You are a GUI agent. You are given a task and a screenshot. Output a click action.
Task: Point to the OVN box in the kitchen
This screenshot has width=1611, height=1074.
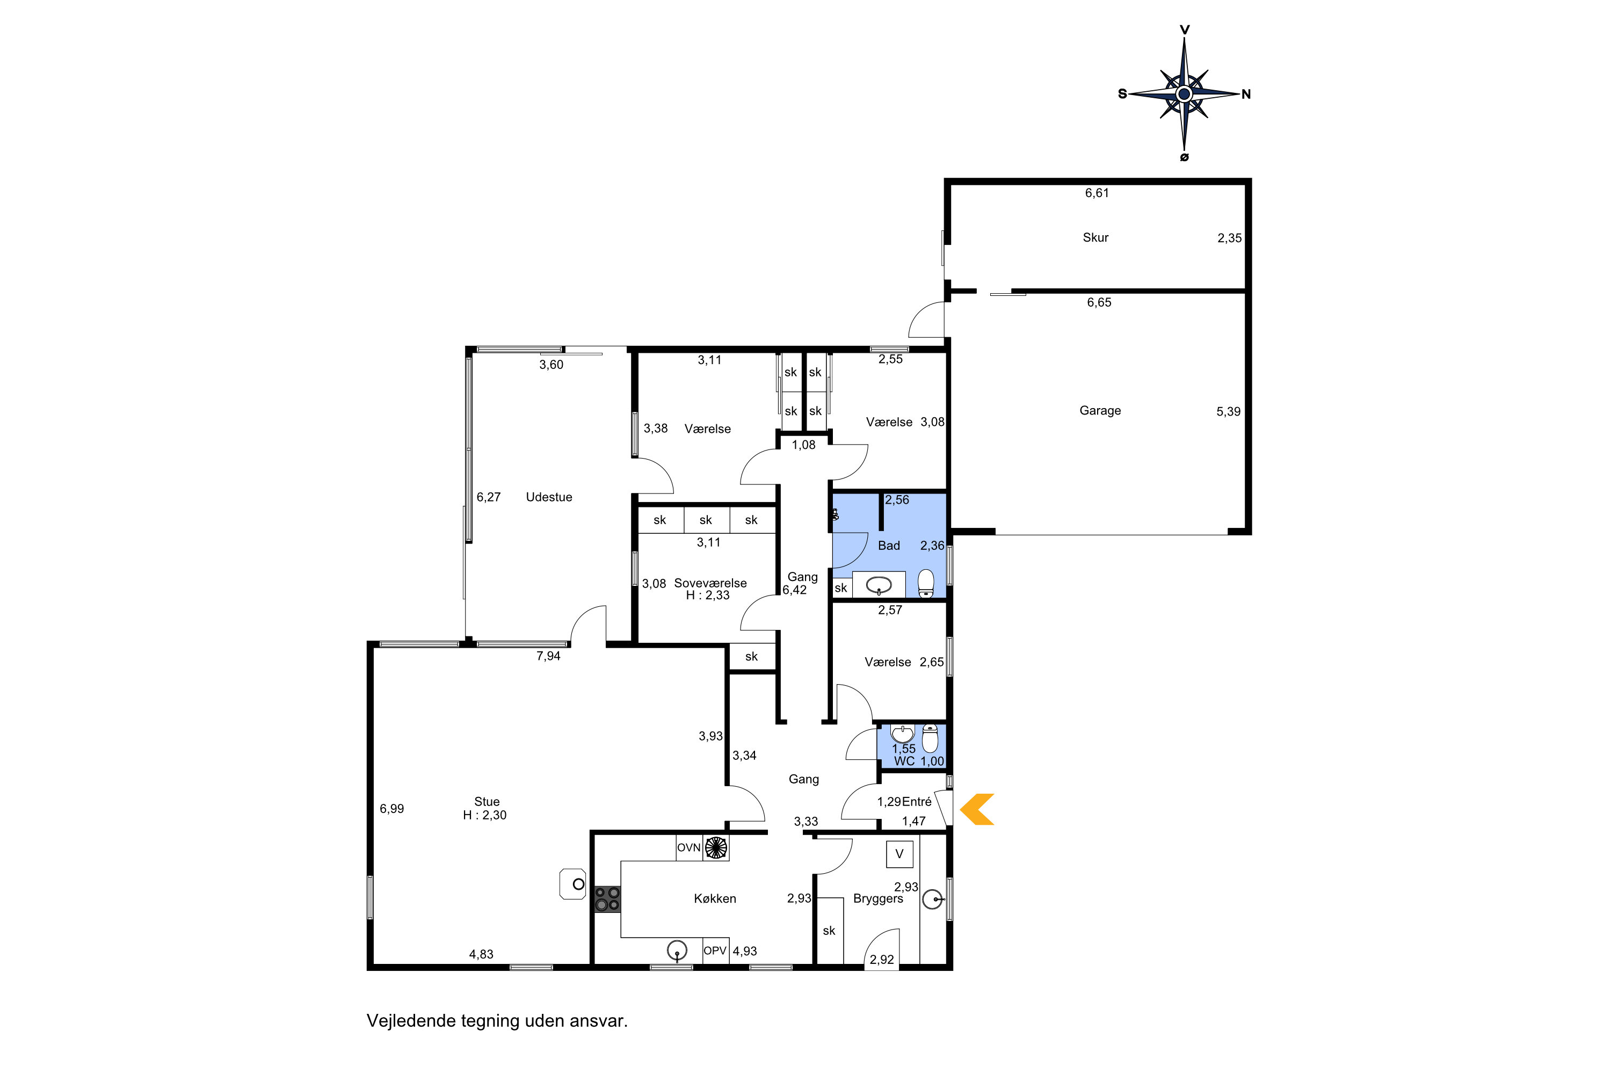(689, 847)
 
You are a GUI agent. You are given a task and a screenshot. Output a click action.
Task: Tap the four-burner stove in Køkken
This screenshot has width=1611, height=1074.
(607, 899)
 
